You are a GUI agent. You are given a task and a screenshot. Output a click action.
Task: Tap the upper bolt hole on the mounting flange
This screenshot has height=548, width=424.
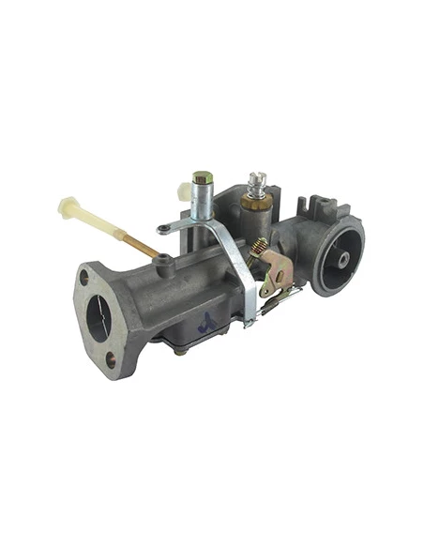pos(84,278)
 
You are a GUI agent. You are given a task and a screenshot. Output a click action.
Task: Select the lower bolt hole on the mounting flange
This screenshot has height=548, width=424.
pos(112,359)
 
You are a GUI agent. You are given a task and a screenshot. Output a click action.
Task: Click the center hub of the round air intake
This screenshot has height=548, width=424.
pos(343,257)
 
